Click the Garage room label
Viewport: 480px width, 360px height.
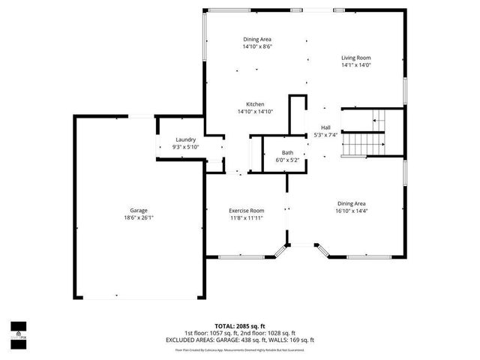point(138,210)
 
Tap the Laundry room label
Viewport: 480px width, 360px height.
point(186,139)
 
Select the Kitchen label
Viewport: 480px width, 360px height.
point(255,104)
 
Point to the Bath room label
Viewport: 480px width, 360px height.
point(288,152)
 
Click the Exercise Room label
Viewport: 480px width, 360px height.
point(247,211)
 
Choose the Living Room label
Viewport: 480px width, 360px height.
point(356,58)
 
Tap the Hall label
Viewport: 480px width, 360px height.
point(326,127)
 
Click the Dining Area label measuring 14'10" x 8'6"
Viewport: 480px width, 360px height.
point(257,39)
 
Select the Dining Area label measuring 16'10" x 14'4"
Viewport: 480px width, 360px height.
point(351,203)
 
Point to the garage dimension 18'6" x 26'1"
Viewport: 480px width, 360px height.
point(138,217)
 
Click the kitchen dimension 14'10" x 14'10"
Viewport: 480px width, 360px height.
point(255,112)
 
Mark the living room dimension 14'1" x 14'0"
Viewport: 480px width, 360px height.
point(356,65)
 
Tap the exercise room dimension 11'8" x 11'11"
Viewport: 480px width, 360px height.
point(247,218)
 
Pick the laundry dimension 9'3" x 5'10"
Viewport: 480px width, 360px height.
point(186,147)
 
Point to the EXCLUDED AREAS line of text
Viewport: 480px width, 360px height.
point(240,340)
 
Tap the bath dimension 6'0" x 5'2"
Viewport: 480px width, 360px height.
point(288,160)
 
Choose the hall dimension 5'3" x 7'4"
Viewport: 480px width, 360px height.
point(326,135)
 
